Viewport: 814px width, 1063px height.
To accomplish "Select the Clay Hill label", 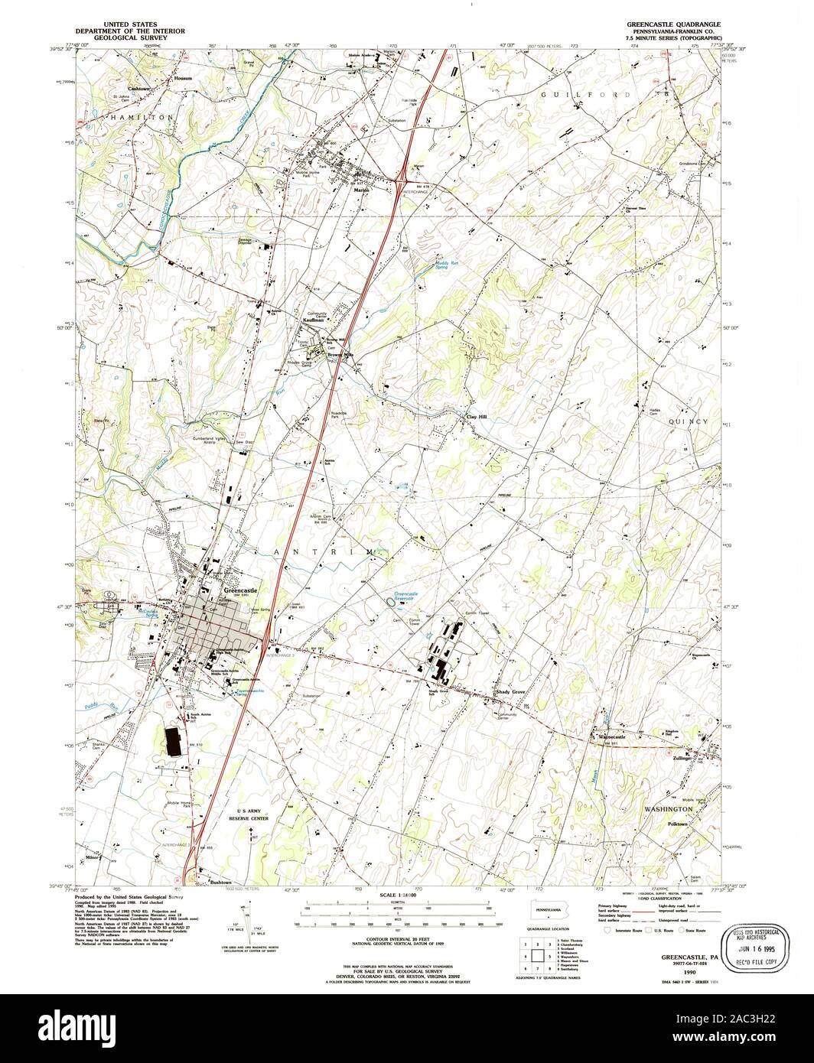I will (x=477, y=417).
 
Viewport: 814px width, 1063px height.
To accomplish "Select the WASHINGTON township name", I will (x=668, y=808).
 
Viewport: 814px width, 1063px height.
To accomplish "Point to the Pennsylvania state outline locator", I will (x=548, y=909).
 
